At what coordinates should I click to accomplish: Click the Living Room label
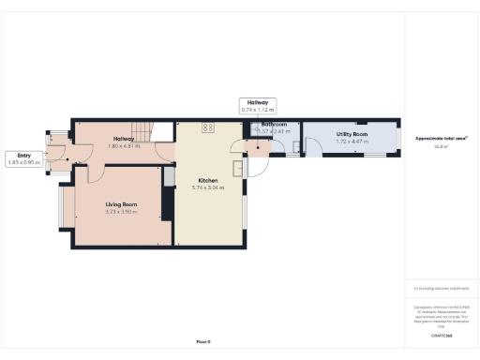(121, 203)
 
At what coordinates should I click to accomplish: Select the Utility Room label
(352, 135)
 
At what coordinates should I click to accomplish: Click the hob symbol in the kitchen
(207, 127)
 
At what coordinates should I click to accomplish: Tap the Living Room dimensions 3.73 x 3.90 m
(121, 212)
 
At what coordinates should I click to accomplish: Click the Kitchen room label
(207, 180)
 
